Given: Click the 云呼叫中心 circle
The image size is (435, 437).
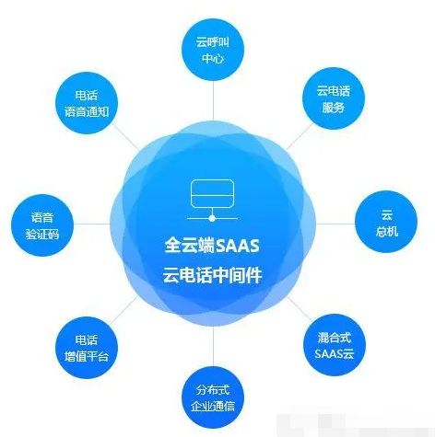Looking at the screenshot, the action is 213,50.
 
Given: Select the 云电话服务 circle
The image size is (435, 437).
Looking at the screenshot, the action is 334,98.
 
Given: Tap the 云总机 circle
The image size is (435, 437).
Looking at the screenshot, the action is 386,222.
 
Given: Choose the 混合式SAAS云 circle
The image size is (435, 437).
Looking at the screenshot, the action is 335,345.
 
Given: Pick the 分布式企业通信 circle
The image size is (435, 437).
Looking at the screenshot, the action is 213,398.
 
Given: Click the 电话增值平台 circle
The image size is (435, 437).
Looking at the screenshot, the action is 87,348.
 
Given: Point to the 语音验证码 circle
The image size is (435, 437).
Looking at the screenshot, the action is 42,225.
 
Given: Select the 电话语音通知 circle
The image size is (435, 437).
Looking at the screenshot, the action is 87,103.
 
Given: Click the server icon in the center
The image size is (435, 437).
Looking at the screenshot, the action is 212,200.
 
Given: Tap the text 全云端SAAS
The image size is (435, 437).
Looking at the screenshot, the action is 212,246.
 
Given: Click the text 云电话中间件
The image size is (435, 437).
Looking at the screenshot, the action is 212,275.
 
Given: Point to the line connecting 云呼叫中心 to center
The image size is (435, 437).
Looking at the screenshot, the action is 213,101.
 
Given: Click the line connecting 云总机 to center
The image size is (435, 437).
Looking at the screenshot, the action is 335,224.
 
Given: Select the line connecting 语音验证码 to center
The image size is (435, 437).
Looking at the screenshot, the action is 91,224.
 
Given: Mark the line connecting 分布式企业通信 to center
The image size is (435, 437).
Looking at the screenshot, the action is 213,347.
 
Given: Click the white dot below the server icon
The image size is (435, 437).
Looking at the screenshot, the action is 212,218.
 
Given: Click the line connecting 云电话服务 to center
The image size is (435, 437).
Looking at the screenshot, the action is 300,136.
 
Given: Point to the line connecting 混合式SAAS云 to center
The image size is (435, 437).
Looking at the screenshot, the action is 300,309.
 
